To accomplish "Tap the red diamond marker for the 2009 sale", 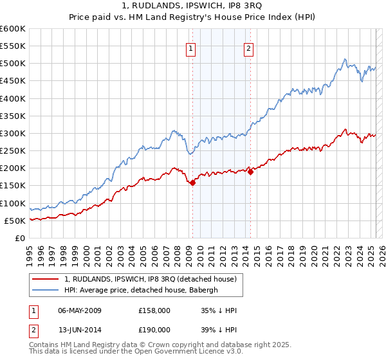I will click(x=192, y=183).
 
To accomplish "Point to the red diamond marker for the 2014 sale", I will click(x=250, y=171).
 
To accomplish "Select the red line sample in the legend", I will click(x=44, y=279).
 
